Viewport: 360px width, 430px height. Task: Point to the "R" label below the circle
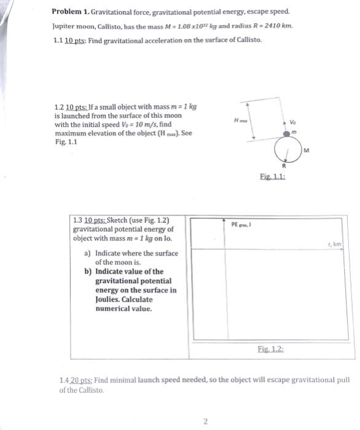pyautogui.click(x=283, y=165)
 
